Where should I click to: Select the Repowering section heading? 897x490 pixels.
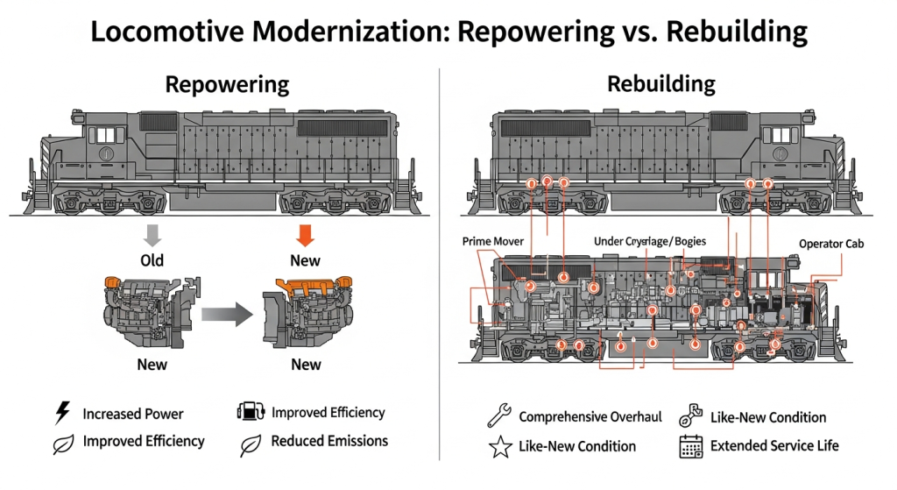click(227, 84)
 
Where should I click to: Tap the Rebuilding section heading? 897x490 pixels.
click(660, 84)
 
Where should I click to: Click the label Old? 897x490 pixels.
click(152, 260)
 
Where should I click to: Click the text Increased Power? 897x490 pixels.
click(133, 414)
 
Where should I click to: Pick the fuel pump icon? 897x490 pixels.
click(250, 413)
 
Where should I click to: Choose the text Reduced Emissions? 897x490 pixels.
click(329, 441)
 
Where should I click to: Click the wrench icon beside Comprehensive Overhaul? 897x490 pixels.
click(499, 416)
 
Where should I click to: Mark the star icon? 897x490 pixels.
click(499, 447)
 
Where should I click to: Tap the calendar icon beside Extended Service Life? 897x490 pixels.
click(691, 446)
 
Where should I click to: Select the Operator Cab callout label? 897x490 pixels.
click(831, 244)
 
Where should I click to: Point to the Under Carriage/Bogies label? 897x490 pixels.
click(649, 241)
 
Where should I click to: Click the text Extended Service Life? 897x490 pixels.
click(774, 446)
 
